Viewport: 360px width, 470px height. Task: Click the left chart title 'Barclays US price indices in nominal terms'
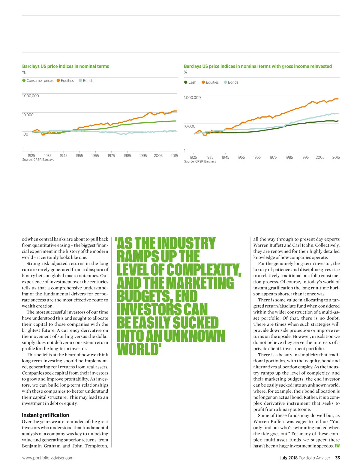65,66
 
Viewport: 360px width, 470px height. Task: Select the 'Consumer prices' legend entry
38,80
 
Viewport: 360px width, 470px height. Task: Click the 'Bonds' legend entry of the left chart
86,80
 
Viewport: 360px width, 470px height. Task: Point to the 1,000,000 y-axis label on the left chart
31,96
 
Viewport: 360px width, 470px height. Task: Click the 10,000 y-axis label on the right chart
190,126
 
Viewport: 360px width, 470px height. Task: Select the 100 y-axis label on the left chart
25,134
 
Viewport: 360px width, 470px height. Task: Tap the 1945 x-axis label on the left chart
64,155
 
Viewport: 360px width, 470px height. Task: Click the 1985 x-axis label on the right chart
289,157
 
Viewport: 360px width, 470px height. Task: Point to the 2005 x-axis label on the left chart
158,155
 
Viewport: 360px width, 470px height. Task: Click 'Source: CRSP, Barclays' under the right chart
200,161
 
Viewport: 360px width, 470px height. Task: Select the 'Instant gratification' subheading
45,415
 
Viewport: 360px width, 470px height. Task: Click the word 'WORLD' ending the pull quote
138,349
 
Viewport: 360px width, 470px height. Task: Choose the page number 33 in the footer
337,458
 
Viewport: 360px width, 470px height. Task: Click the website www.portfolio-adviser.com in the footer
48,458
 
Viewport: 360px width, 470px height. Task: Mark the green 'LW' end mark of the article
337,446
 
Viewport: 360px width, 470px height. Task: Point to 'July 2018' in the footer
288,458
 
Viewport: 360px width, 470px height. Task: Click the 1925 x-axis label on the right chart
193,157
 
